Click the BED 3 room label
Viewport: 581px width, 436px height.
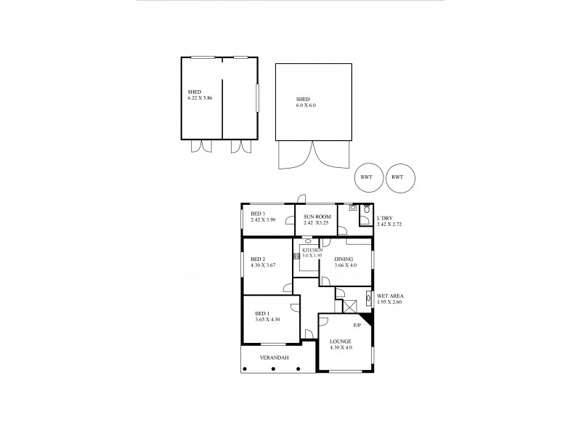click(x=258, y=214)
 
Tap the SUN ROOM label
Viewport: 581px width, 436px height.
click(x=317, y=216)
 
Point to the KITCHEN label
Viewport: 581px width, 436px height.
click(x=312, y=250)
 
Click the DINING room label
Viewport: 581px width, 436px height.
click(x=344, y=259)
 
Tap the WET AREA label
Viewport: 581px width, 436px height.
click(x=390, y=296)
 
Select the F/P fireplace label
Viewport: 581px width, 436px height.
click(x=357, y=324)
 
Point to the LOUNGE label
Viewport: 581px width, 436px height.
click(x=341, y=342)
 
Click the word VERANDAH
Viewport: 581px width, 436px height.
click(x=275, y=358)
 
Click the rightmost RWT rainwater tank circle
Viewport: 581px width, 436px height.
click(x=397, y=177)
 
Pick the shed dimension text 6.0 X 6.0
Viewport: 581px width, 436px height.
click(x=306, y=105)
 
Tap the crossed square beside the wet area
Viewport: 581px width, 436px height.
click(x=350, y=306)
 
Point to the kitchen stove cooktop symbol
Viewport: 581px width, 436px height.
click(x=296, y=256)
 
